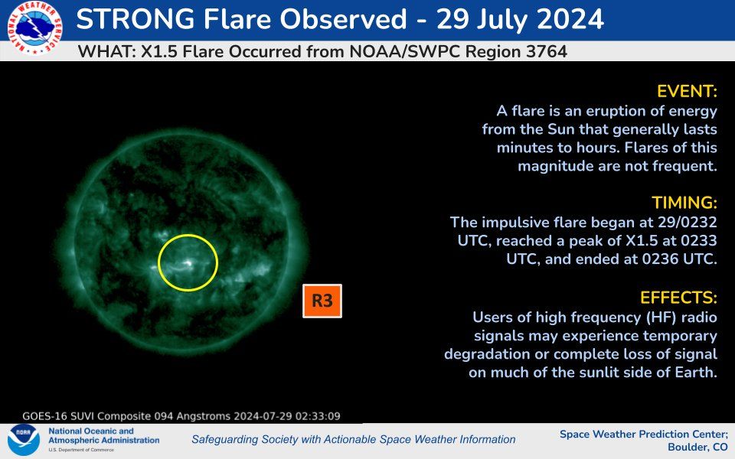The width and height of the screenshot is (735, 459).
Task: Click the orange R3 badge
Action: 322,301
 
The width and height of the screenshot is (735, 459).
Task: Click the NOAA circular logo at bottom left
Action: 23,441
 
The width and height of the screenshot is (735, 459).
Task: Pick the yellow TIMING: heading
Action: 684,203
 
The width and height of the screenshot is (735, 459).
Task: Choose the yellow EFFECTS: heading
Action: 680,297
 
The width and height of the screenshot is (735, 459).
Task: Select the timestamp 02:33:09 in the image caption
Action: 314,417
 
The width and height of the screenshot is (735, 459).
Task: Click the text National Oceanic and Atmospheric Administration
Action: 103,436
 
